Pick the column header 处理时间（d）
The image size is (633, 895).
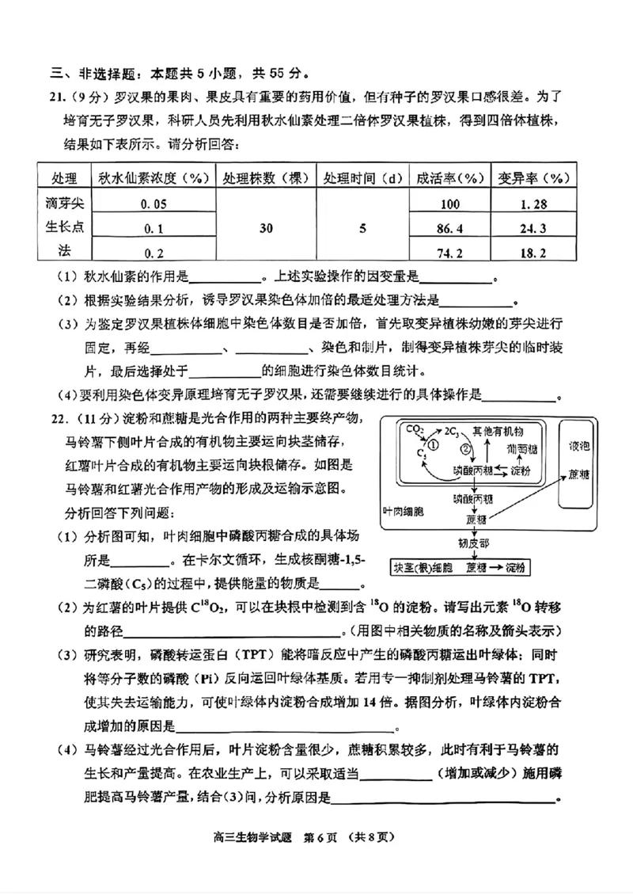(362, 177)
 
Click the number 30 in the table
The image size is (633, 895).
(266, 229)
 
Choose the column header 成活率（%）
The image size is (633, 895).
(449, 177)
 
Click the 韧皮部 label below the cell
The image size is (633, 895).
(473, 544)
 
